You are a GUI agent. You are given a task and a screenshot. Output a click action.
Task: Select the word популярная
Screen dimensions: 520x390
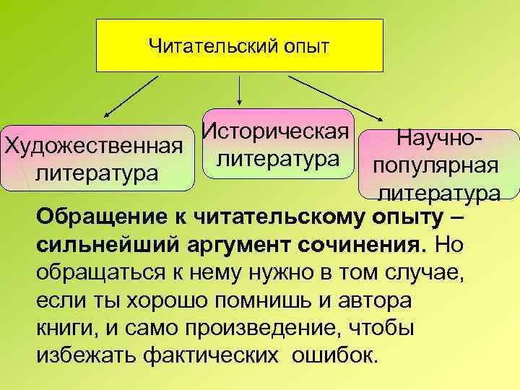(435, 165)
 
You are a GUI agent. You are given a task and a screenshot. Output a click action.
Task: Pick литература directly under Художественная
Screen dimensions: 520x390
(97, 173)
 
